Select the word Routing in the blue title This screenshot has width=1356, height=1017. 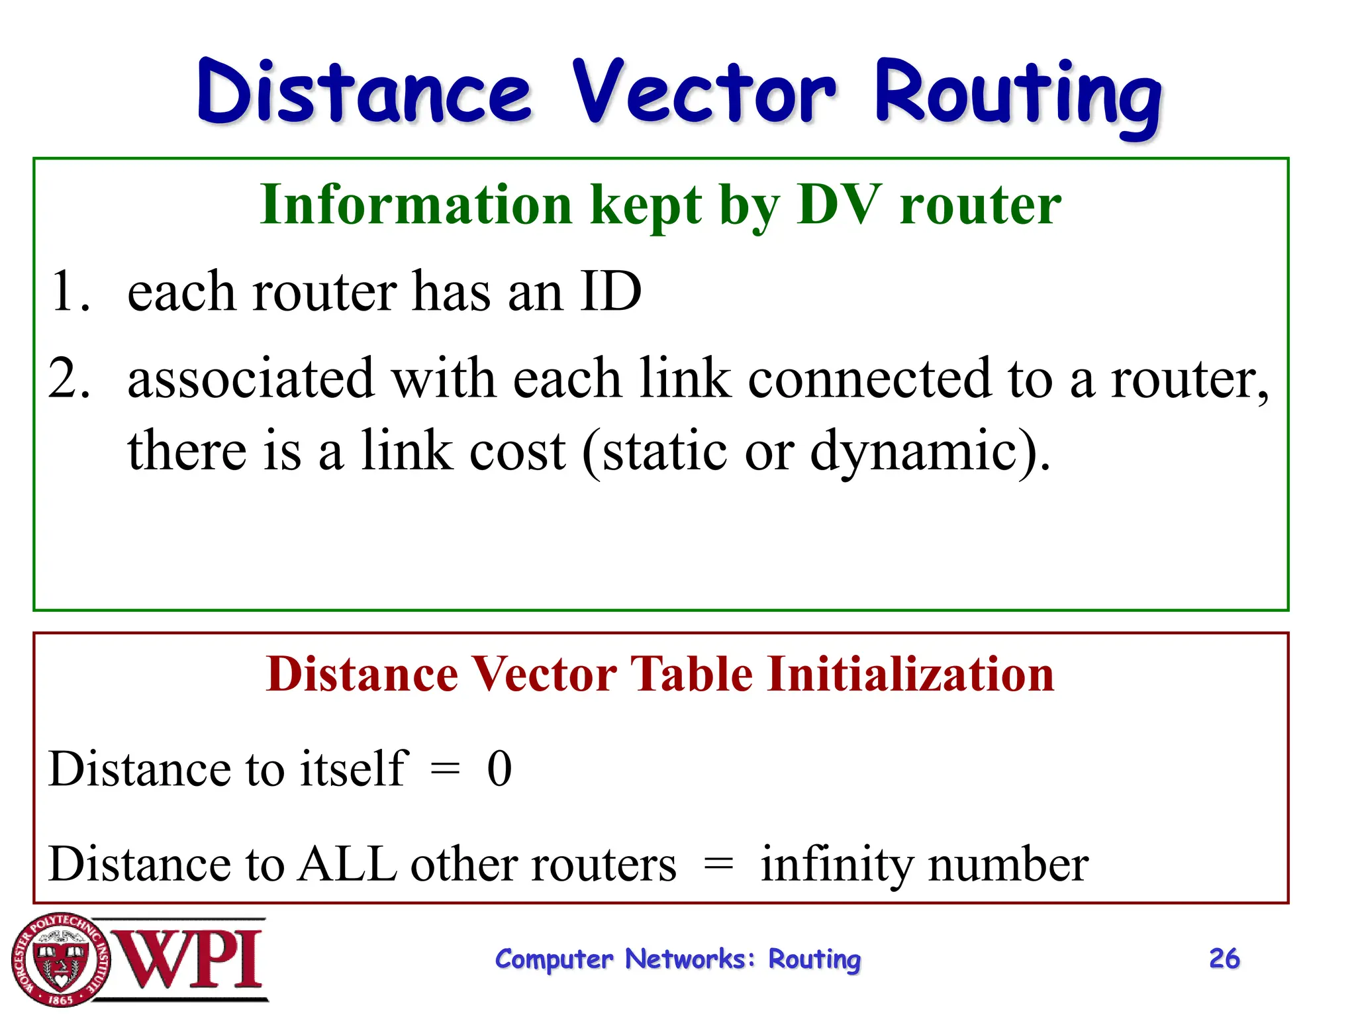point(1018,96)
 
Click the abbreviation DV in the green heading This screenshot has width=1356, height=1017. point(840,205)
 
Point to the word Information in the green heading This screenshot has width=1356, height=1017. point(416,205)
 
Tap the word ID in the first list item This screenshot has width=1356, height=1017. point(610,291)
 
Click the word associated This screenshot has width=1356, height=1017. point(251,379)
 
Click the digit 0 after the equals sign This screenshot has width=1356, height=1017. point(499,769)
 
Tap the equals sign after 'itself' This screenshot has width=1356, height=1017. point(444,769)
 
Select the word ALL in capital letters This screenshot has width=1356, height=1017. point(347,864)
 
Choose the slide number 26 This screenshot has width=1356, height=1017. point(1224,959)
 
